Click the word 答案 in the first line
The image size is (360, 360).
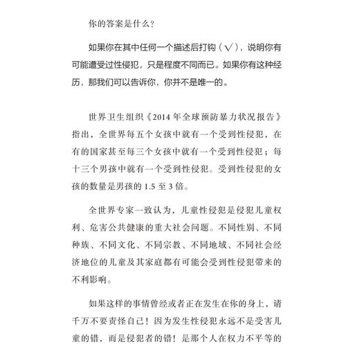(114, 29)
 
